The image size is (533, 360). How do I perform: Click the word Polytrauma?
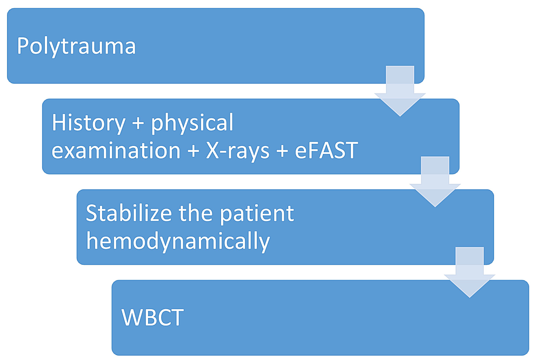pos(76,47)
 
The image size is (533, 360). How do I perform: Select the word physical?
pos(192,124)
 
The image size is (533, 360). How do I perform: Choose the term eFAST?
pos(328,151)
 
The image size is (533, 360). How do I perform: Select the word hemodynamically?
pos(178,241)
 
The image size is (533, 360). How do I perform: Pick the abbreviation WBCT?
pos(152,318)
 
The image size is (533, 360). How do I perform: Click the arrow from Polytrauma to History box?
pos(400,91)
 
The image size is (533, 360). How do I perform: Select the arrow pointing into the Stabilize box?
pos(435,182)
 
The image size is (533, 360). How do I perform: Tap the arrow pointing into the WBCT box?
pos(469,272)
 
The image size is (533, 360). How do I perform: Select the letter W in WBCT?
pos(132,318)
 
